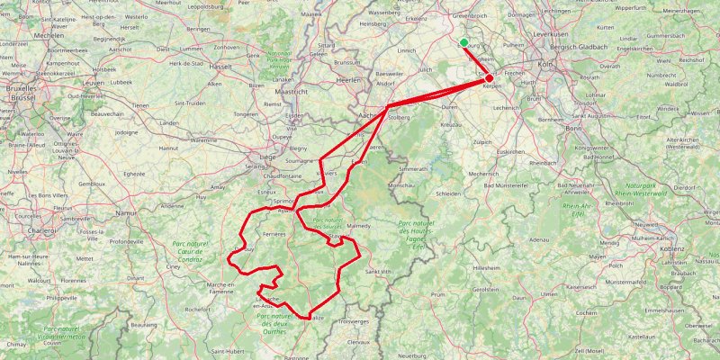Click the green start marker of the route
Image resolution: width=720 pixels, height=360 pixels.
tap(463, 43)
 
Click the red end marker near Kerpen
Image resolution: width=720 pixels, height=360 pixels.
tap(489, 78)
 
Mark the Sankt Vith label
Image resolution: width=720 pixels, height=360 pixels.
tap(378, 270)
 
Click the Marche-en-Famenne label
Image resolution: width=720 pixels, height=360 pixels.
tap(220, 289)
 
